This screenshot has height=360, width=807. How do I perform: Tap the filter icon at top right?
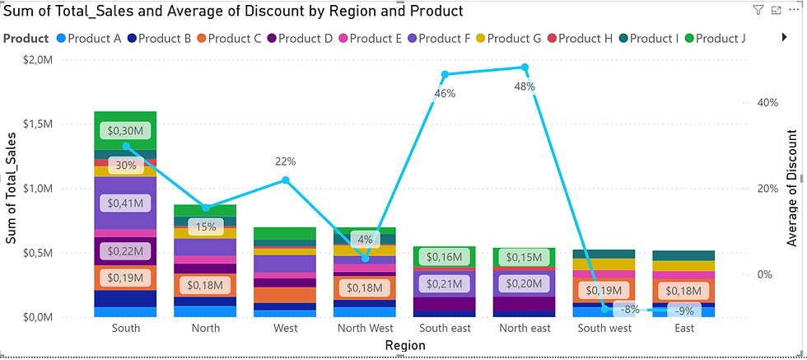pos(758,10)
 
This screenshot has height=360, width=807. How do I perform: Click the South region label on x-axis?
pos(125,328)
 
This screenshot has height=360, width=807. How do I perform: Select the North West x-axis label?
pos(365,328)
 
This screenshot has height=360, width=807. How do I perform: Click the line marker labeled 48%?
pos(524,68)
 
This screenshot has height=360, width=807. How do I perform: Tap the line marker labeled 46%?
pos(445,74)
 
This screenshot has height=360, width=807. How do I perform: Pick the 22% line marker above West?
pos(286,180)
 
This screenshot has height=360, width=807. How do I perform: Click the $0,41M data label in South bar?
pos(125,203)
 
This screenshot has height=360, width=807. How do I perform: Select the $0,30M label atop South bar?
pos(125,130)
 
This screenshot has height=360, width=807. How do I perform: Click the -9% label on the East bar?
pos(684,311)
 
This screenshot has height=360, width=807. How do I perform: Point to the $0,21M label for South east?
pos(445,284)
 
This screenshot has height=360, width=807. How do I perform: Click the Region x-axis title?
pos(404,347)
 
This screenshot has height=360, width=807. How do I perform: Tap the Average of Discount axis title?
pos(792,188)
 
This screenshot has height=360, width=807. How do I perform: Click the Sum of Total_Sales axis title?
pos(12,188)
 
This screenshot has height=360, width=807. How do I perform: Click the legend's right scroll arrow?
pos(784,38)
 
